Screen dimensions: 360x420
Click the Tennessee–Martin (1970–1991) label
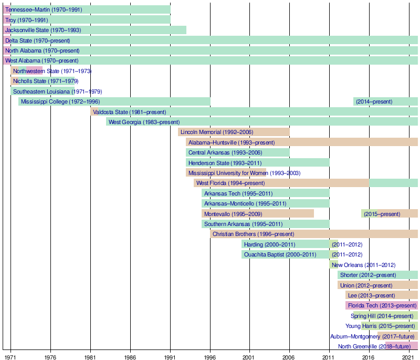44,9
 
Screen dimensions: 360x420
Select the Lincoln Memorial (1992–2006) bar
234,132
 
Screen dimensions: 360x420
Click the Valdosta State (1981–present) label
129,112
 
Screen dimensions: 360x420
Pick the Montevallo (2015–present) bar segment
389,214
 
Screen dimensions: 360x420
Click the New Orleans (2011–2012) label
363,265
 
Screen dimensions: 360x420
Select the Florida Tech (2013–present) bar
382,305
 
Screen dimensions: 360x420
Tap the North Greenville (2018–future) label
374,346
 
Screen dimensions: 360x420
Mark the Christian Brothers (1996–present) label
253,234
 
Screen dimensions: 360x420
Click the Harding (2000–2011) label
269,244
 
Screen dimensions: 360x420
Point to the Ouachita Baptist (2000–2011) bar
286,254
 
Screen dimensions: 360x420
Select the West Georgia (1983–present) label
144,122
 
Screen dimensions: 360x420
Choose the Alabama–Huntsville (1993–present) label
232,142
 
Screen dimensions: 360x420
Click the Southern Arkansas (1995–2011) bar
265,224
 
